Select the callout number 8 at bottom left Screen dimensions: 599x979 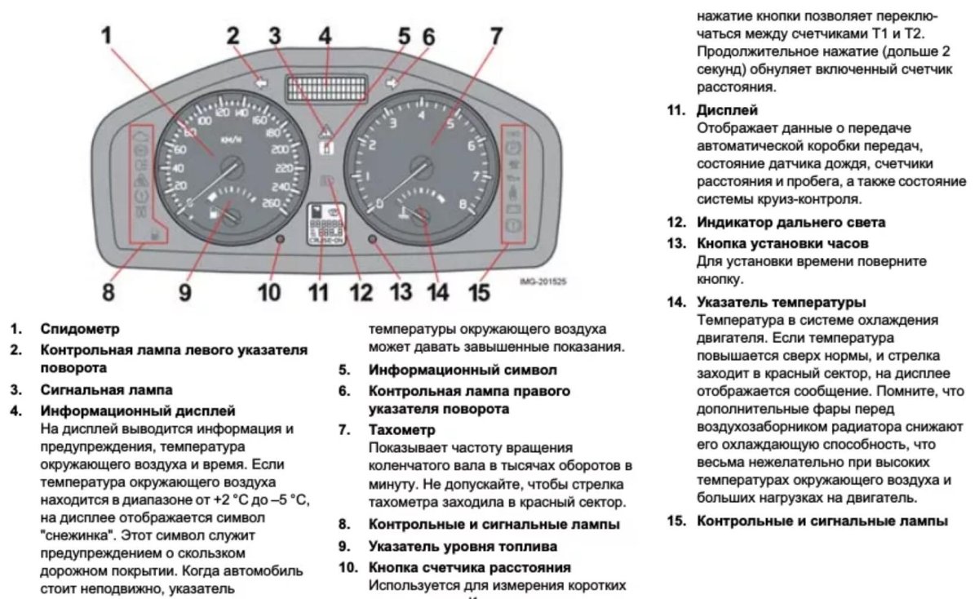(109, 291)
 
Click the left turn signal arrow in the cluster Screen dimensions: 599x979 (260, 82)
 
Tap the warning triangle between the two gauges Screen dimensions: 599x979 (326, 130)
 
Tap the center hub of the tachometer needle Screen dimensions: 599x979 (422, 166)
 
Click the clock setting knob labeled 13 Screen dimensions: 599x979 (372, 241)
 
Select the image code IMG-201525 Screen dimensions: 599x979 (543, 282)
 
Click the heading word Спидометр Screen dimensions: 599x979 (80, 330)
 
